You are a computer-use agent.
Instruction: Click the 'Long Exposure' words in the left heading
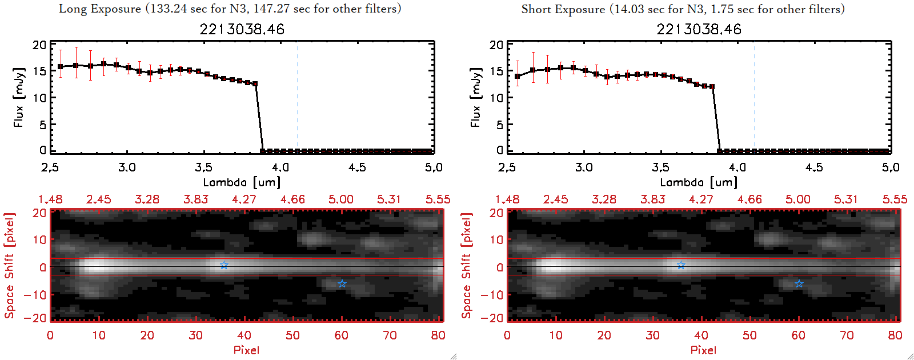tap(100, 9)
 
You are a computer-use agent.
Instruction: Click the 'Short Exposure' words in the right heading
tap(563, 9)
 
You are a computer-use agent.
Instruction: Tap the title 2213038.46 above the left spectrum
tap(242, 29)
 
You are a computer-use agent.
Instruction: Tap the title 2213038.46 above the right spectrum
tap(699, 29)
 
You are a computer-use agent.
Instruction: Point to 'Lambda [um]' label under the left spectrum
tap(242, 182)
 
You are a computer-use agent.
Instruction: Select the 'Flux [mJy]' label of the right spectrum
tap(475, 97)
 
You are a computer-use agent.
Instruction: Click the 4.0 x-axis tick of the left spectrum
tap(280, 167)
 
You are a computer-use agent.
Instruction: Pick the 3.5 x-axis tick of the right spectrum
tap(660, 167)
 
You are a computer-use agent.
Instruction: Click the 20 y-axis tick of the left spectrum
tap(39, 45)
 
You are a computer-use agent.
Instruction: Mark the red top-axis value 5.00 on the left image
tap(340, 199)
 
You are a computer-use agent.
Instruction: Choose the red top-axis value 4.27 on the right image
tap(701, 199)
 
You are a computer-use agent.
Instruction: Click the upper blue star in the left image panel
tap(224, 265)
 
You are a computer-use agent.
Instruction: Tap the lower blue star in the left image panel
tap(342, 283)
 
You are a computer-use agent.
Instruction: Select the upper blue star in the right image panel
tap(681, 265)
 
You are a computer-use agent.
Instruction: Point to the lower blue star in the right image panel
tap(799, 283)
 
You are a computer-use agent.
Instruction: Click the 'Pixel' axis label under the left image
tap(246, 350)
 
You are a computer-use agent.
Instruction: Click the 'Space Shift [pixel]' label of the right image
tap(467, 266)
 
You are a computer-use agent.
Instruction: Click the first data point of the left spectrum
tap(61, 67)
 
